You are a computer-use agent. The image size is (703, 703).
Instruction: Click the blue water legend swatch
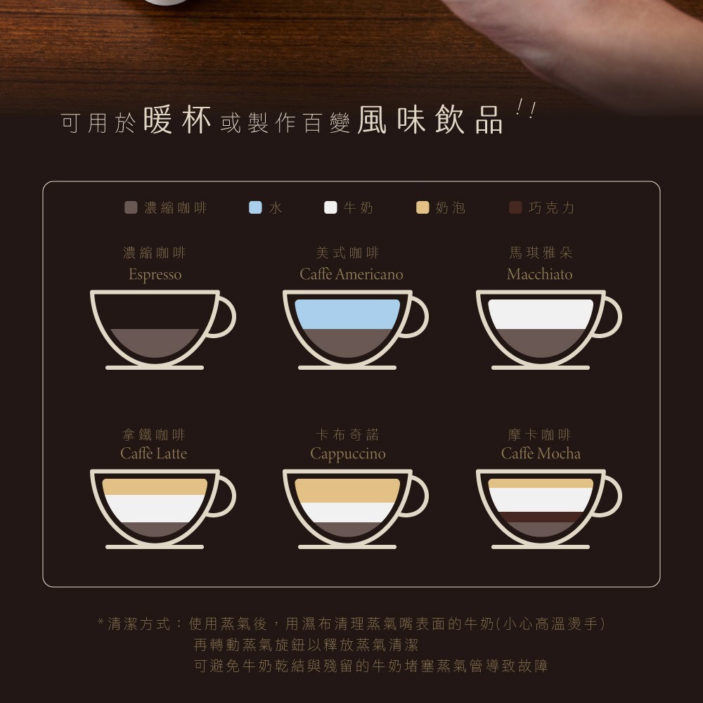coord(255,207)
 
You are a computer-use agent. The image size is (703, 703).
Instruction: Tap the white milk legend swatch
coord(330,207)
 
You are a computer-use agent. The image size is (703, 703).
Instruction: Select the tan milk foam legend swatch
coord(423,207)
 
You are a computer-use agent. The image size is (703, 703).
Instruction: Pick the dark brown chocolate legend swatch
coord(515,207)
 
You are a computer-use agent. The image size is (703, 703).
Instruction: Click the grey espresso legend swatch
coord(131,207)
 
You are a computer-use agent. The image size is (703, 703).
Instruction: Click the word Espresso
coord(155,274)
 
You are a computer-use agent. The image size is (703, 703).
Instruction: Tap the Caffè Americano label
coord(351,274)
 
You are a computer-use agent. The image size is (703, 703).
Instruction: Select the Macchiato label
coord(540,274)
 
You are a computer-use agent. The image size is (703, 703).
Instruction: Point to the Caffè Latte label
coord(154,453)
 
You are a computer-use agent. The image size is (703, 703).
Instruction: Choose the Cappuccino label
coord(348,453)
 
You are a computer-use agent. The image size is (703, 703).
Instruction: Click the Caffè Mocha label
coord(541,453)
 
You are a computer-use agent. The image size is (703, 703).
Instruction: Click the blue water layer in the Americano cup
coord(347,314)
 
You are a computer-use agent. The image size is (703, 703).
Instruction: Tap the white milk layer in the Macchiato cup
coord(541,314)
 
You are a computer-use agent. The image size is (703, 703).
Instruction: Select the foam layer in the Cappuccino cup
coord(347,491)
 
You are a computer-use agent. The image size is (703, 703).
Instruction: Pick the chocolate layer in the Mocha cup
coord(541,517)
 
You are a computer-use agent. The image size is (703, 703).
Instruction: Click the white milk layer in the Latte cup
coord(155,508)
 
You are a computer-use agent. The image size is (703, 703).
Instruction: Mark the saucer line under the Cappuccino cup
coord(347,546)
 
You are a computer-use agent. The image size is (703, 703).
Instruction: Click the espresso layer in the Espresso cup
coord(155,342)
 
